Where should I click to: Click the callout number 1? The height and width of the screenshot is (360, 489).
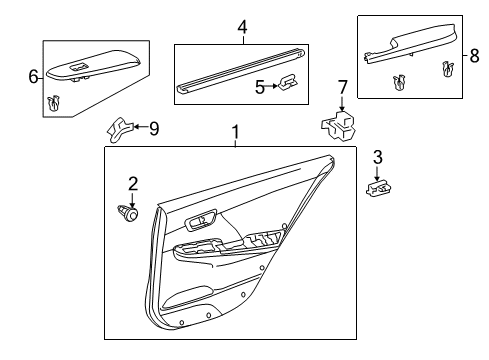pos(235,131)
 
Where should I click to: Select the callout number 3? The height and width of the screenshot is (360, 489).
pos(377,156)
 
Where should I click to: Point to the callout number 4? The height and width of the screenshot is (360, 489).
pos(241,29)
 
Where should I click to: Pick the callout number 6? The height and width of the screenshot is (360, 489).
pos(32,76)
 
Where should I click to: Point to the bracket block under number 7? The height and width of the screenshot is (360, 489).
pos(338,125)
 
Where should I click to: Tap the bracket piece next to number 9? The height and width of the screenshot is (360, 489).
pos(118,126)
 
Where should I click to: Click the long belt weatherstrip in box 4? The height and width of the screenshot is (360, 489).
pos(240,70)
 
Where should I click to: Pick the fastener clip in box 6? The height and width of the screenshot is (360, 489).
pos(53,101)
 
